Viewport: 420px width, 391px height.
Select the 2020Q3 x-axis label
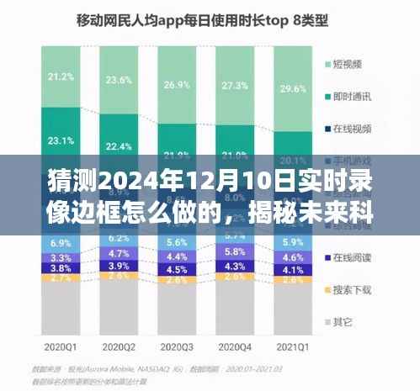pyautogui.click(x=176, y=345)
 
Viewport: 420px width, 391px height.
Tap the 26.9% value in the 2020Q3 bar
pyautogui.click(x=176, y=86)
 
